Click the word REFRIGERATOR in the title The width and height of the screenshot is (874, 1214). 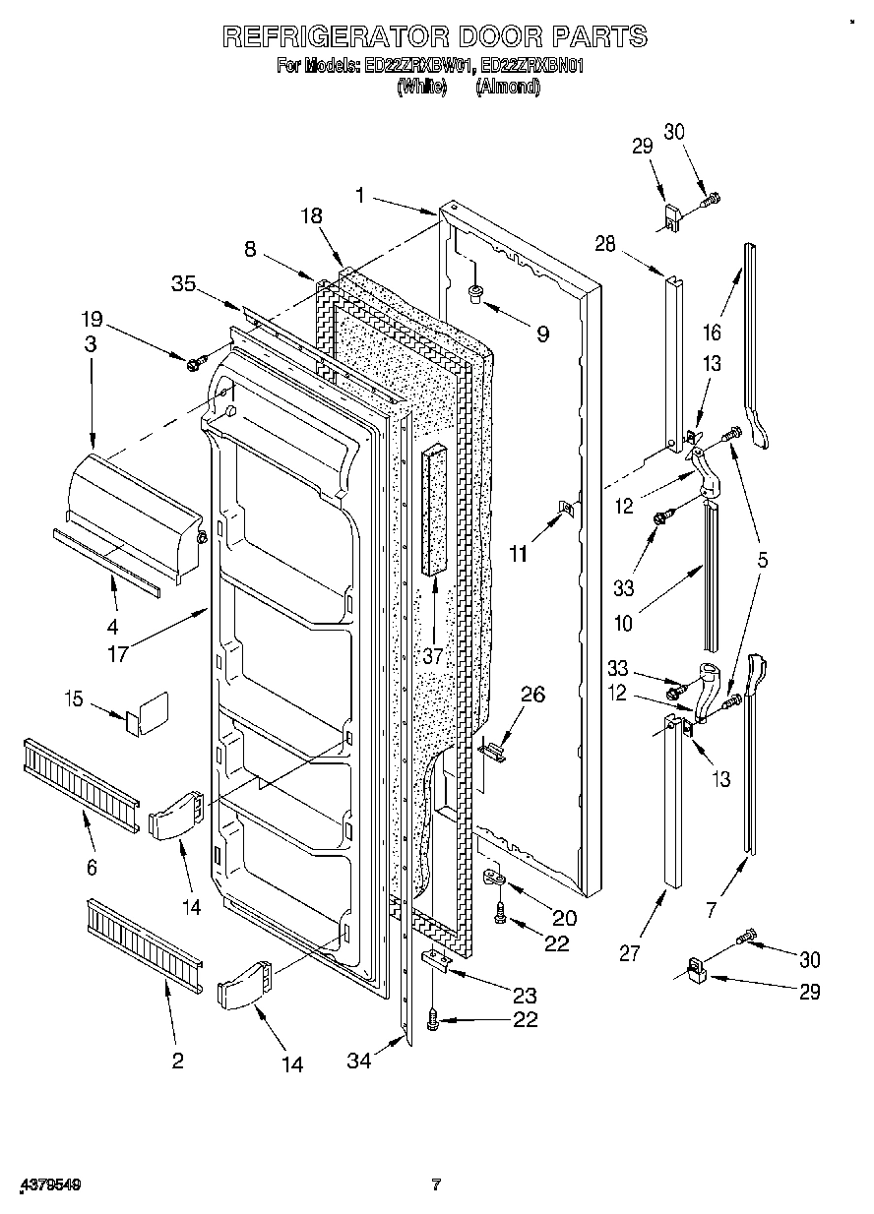coord(333,37)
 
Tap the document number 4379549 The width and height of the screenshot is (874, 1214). coord(48,1185)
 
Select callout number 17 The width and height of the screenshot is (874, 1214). coord(118,653)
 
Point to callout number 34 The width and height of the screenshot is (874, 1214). coord(359,1062)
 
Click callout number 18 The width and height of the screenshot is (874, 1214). coord(312,216)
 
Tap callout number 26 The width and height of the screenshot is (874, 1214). coord(531,695)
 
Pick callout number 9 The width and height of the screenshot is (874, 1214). coord(542,333)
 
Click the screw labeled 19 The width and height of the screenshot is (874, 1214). coord(194,364)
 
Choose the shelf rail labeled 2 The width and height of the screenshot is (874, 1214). coord(144,941)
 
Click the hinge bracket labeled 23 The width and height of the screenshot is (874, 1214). coord(436,961)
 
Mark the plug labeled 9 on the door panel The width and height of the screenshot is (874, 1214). coord(474,291)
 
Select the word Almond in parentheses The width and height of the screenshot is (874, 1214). coord(508,87)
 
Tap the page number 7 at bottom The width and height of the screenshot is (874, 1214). coord(436,1184)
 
